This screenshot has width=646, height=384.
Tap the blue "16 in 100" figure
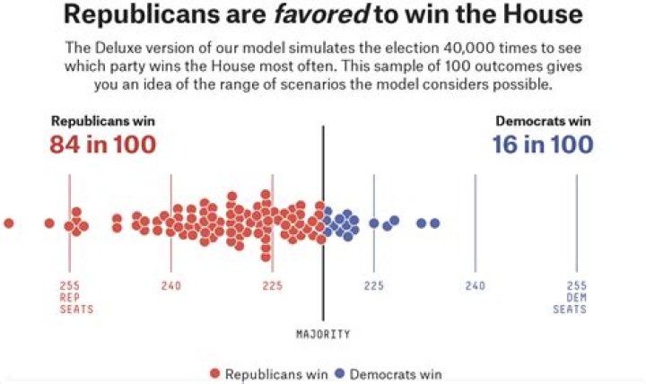[x=542, y=144]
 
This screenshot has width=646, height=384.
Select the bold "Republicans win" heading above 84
[x=102, y=121]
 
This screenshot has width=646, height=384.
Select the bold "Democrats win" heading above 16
[x=544, y=121]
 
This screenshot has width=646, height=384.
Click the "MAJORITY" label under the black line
[x=323, y=334]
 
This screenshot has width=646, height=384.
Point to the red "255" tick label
[x=70, y=286]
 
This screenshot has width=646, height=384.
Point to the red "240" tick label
[x=171, y=286]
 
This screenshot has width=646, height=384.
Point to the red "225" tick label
[x=273, y=286]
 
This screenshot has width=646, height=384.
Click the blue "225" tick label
[x=374, y=286]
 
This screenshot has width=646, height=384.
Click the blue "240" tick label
[x=476, y=286]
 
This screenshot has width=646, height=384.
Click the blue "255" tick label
[x=577, y=286]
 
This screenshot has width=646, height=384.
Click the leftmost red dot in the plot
[x=9, y=223]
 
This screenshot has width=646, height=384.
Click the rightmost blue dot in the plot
[x=435, y=223]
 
